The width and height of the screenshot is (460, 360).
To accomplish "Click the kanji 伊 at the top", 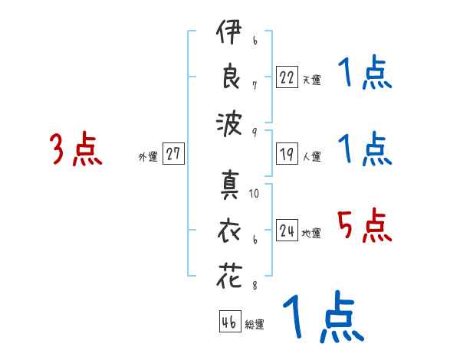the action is [x=229, y=31].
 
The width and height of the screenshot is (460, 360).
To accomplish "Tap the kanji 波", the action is [x=229, y=124].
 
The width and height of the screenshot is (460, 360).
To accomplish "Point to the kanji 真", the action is [x=230, y=185].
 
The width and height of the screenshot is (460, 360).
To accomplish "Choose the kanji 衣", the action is [x=229, y=231].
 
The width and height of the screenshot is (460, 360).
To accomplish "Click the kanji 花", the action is [x=229, y=275].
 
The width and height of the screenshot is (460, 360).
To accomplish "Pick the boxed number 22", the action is [x=287, y=77].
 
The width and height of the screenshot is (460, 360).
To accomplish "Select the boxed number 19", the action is [x=287, y=154].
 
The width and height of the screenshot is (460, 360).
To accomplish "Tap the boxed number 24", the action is [x=287, y=230].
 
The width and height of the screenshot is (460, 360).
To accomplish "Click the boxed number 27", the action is [x=173, y=153].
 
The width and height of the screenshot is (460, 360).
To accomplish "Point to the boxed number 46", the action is [x=230, y=321].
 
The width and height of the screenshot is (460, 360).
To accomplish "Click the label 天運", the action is [x=311, y=80].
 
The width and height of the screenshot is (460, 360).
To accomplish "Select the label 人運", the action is [x=311, y=156].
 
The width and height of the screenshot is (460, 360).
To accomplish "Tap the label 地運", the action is [x=311, y=233].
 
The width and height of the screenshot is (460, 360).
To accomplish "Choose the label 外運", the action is [x=148, y=157].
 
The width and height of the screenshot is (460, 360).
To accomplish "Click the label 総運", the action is [x=255, y=324].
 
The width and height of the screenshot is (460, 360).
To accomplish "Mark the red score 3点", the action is [x=76, y=149].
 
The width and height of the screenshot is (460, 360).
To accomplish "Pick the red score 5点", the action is [x=365, y=225].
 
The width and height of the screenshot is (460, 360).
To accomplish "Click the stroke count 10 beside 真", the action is [x=254, y=193].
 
